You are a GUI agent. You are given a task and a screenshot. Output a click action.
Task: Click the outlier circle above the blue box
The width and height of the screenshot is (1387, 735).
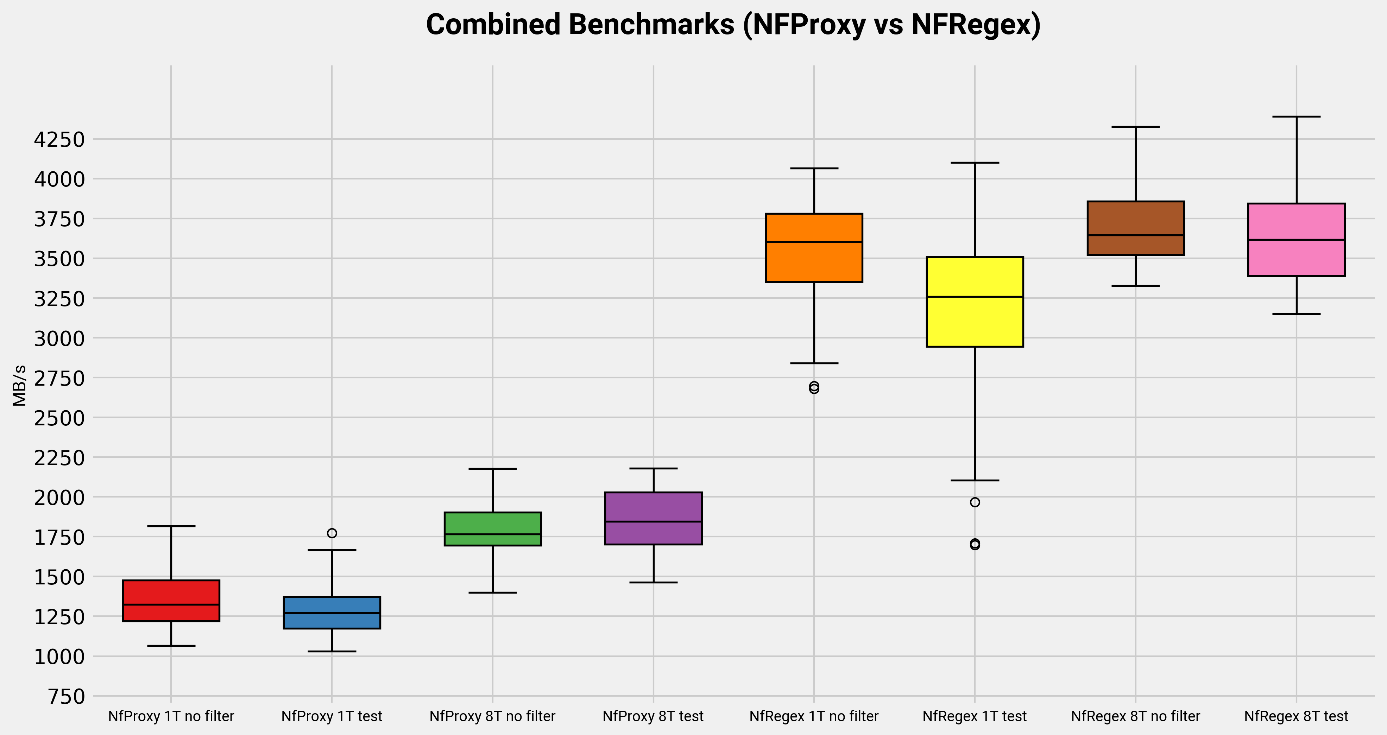click(332, 533)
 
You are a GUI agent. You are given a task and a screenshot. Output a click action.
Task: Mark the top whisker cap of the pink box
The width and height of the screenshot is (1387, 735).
click(1296, 116)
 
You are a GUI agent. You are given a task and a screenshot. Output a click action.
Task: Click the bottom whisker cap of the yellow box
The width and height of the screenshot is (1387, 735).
click(975, 480)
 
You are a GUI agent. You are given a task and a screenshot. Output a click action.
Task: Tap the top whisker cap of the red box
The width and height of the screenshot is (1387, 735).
click(171, 526)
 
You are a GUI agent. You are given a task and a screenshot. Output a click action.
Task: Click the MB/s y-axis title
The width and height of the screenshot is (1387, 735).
click(19, 386)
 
